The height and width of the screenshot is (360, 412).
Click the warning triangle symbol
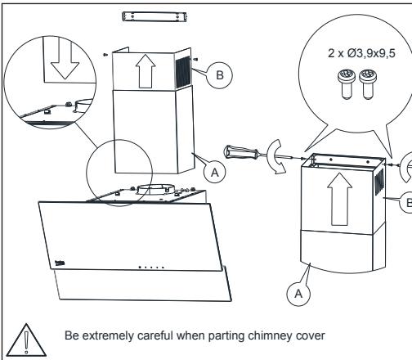[x=26, y=340]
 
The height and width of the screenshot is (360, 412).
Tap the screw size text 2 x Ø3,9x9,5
[x=361, y=53]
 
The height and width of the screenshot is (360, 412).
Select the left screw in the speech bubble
[x=347, y=84]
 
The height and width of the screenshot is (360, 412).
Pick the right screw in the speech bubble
[x=368, y=84]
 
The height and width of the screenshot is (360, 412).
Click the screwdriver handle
[x=241, y=152]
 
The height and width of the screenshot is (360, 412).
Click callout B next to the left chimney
[x=220, y=75]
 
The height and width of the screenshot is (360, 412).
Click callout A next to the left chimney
[x=215, y=172]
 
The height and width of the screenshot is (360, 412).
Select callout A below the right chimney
[x=298, y=294]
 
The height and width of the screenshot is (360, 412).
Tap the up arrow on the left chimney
[x=146, y=71]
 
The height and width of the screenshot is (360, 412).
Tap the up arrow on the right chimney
[x=339, y=199]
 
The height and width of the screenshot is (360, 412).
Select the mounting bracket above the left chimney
[x=154, y=17]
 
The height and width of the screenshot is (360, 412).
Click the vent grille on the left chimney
[x=182, y=72]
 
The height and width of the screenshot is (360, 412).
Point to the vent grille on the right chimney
[x=379, y=182]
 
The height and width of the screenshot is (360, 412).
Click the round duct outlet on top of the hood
[x=155, y=190]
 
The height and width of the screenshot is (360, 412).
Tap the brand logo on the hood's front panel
[x=60, y=263]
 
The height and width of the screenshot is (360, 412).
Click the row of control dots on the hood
[x=151, y=268]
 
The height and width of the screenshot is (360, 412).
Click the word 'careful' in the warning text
[x=155, y=335]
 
